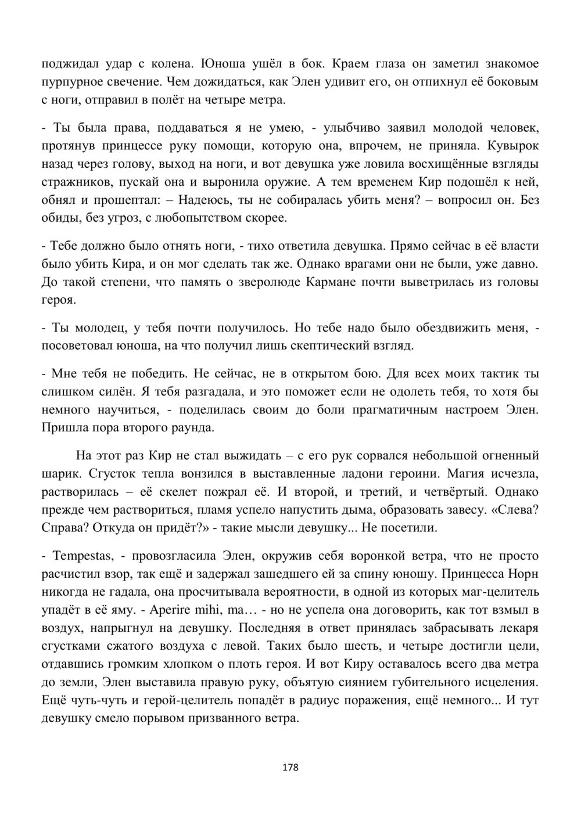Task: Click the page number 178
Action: click(x=290, y=768)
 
